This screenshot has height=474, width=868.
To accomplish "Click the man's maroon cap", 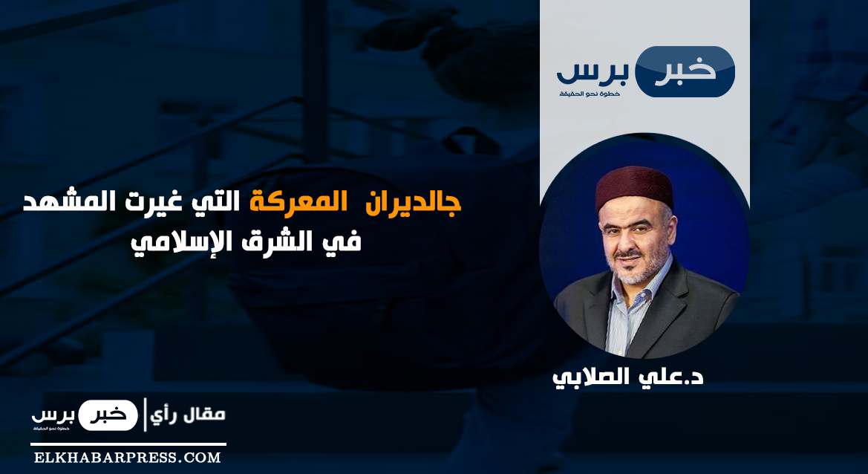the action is click(634, 187).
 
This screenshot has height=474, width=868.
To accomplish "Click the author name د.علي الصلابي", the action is click(627, 377).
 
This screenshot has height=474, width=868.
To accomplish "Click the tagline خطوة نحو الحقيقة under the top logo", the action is click(589, 93).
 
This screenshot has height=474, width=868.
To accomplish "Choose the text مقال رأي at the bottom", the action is click(188, 415).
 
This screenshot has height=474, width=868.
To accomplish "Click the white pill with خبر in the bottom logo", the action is click(108, 415).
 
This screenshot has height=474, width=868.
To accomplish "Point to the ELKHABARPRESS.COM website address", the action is click(127, 458).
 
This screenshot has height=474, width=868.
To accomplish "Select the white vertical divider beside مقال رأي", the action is click(145, 415).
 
